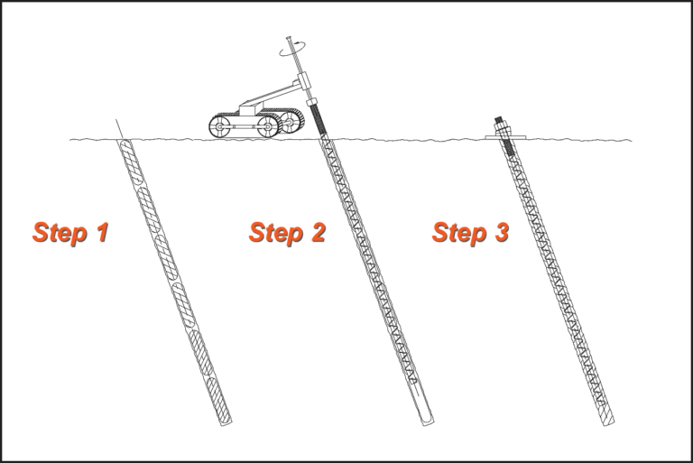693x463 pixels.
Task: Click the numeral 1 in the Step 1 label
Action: (101, 232)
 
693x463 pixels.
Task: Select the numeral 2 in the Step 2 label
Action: (319, 232)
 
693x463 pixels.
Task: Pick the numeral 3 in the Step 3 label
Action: (501, 232)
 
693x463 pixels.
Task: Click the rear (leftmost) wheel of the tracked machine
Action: (219, 127)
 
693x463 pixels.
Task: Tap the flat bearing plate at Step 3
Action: (504, 137)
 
